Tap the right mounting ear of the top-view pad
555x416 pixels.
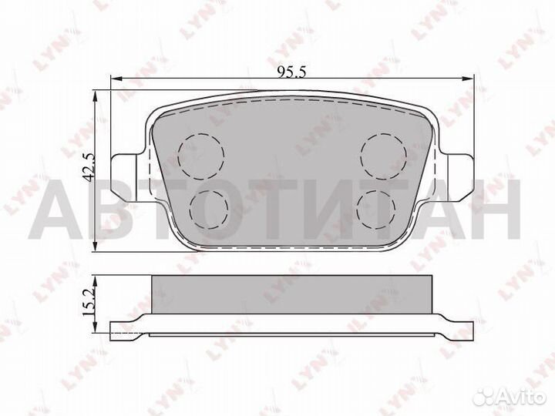click(459, 169)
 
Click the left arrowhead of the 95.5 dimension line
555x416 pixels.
click(116, 79)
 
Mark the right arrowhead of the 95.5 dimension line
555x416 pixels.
click(468, 79)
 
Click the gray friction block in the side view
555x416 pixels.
click(292, 294)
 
